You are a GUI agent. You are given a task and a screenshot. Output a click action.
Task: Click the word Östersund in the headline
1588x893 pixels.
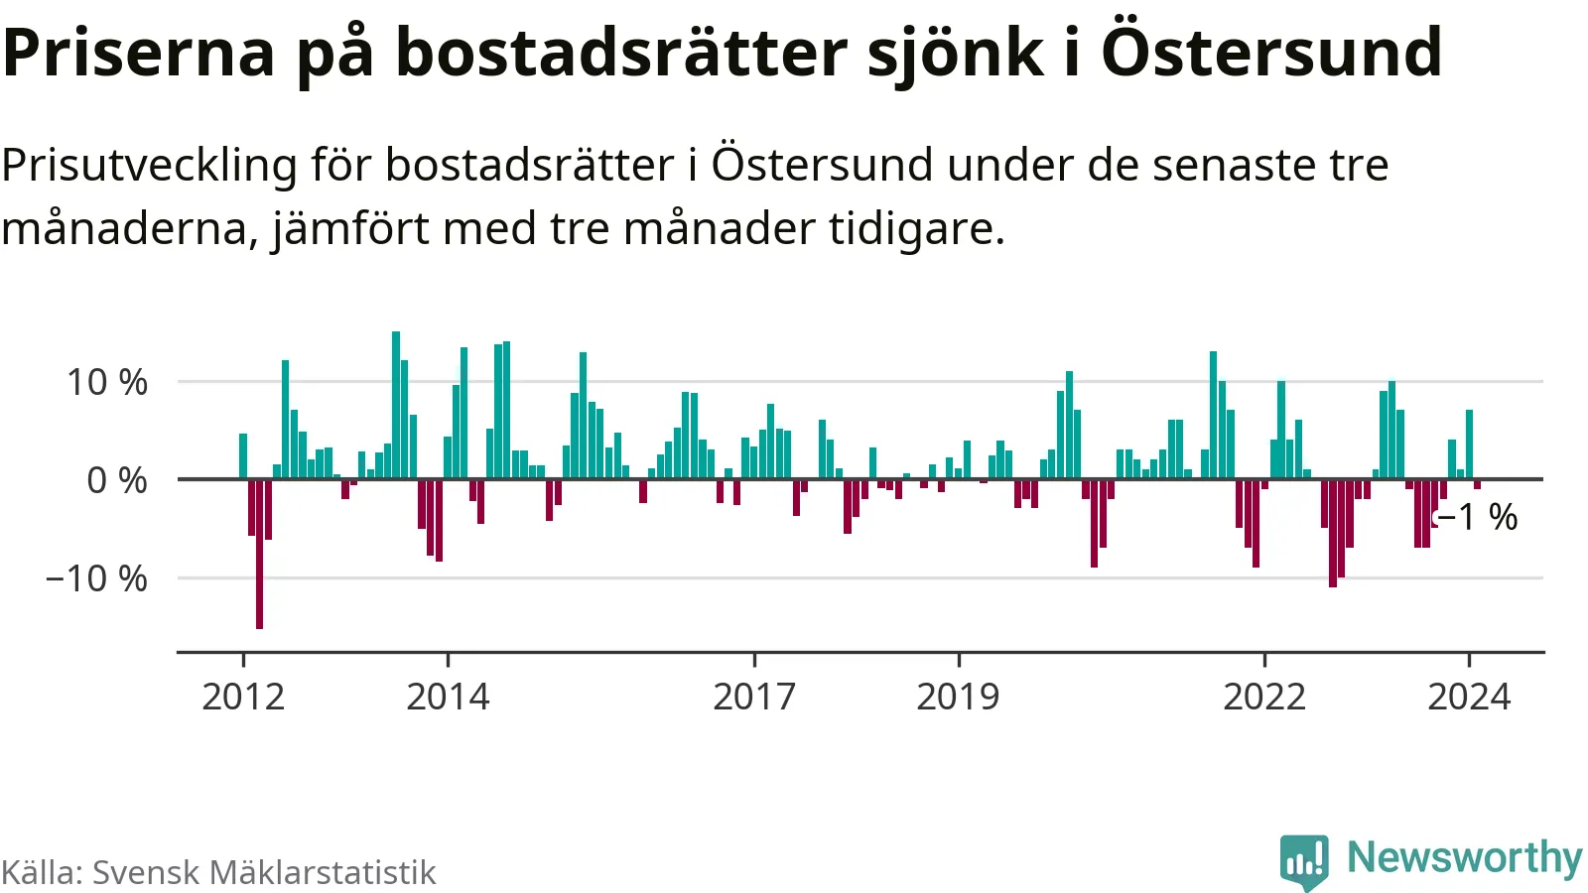click(x=1271, y=52)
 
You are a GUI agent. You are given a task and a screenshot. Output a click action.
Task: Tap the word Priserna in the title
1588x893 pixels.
click(x=138, y=54)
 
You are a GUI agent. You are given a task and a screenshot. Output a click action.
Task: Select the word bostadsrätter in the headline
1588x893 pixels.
click(x=622, y=54)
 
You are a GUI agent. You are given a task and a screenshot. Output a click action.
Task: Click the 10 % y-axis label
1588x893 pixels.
click(x=107, y=382)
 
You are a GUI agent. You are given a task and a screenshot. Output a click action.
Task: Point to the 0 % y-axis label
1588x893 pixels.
click(x=117, y=480)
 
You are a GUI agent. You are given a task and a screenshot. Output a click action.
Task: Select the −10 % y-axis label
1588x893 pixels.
click(x=96, y=578)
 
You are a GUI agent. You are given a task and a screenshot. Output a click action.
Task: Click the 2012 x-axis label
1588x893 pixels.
click(x=243, y=697)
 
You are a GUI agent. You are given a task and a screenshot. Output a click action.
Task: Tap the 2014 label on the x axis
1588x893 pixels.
click(x=448, y=697)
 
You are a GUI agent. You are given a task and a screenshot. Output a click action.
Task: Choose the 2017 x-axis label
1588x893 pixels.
click(x=754, y=697)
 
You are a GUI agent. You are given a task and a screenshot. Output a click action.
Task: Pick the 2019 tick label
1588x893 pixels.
click(x=958, y=697)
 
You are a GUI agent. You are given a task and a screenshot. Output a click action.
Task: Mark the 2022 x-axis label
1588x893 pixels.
click(x=1264, y=697)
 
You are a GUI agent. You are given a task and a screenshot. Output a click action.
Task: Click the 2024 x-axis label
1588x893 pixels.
click(x=1469, y=697)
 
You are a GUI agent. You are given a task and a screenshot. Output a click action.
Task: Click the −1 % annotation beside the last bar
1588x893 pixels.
click(x=1478, y=517)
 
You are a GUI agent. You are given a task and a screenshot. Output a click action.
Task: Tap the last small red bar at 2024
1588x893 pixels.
click(x=1477, y=484)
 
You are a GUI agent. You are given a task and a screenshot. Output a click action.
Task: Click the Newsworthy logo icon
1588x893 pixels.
click(x=1304, y=860)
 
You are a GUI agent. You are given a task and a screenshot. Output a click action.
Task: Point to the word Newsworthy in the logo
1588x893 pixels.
click(x=1464, y=857)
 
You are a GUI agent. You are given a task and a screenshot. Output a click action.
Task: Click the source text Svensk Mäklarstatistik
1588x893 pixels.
click(x=264, y=872)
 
